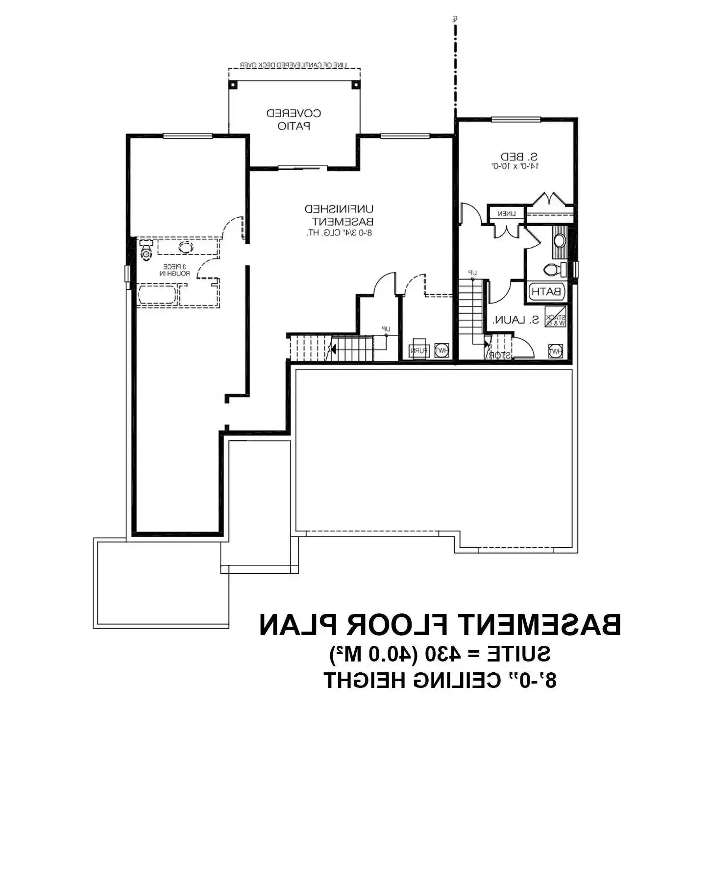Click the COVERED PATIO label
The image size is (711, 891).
pos(294,120)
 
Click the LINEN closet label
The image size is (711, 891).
pos(506,214)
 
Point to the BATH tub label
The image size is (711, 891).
pos(547,291)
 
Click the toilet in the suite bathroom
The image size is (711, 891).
pos(554,269)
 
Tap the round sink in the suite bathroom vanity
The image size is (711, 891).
pos(559,241)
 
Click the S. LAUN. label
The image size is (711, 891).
pos(515,320)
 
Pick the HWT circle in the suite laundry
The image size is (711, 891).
pos(555,351)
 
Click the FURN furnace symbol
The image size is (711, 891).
pos(419,350)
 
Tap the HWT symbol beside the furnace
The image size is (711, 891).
pos(441,350)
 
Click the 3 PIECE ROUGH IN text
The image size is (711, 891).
pos(174,270)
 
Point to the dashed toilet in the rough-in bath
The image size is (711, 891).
pos(146,250)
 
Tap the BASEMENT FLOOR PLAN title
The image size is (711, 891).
pos(440,625)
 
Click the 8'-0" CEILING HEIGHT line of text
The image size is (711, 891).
pos(440,680)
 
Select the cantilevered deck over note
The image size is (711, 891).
pos(294,65)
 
